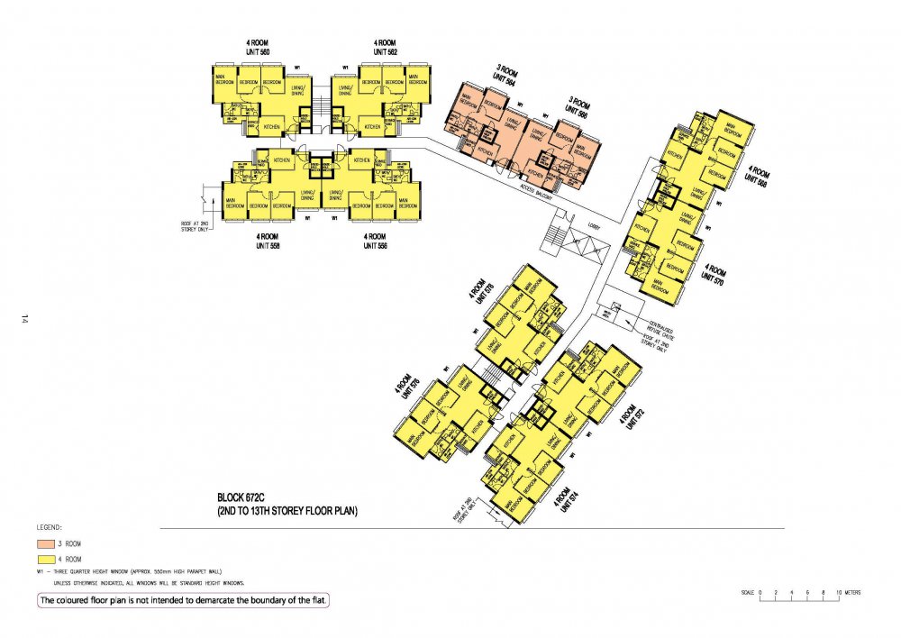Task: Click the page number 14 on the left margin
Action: (x=26, y=318)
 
